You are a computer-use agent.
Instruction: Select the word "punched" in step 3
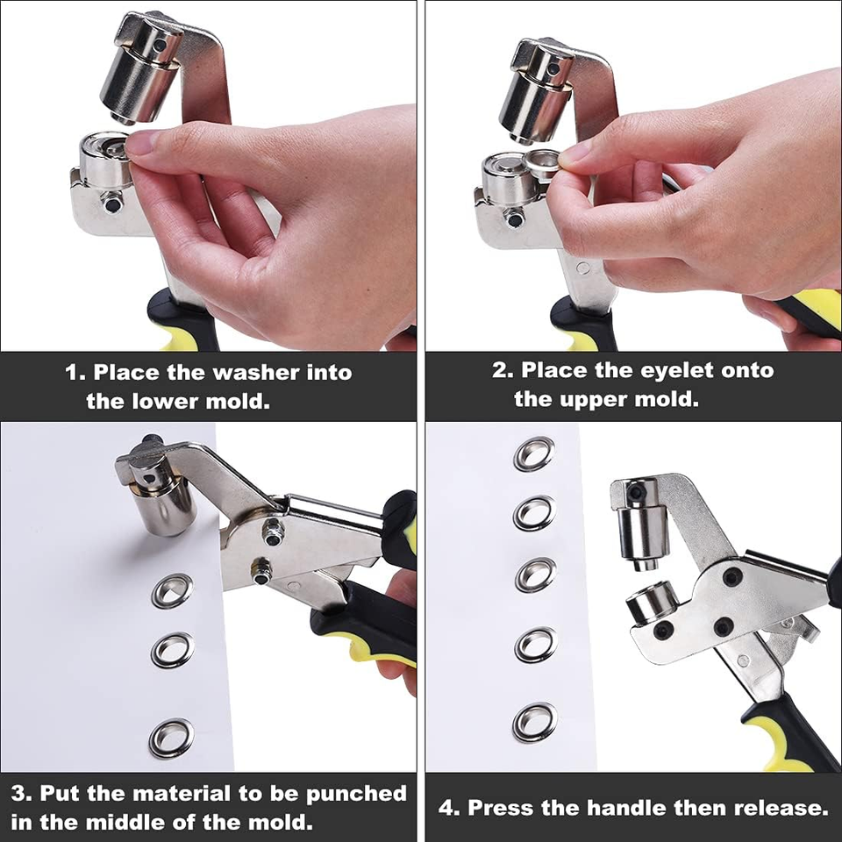click(356, 794)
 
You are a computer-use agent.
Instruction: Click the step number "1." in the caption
click(76, 373)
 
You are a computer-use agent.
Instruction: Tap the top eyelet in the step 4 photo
click(534, 453)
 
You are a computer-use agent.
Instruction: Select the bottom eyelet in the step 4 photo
click(534, 722)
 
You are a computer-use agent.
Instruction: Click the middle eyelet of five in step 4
click(535, 574)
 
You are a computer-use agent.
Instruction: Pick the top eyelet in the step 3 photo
click(172, 590)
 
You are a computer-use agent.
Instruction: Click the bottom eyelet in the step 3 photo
click(171, 738)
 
